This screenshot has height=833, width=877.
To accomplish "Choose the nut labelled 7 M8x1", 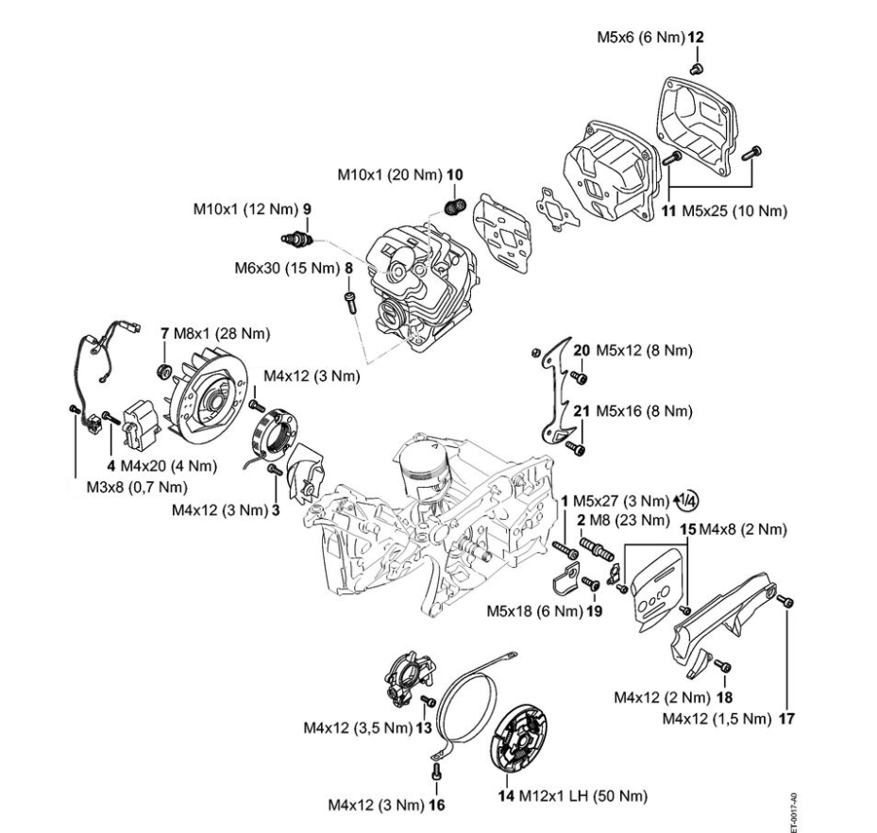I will [162, 366].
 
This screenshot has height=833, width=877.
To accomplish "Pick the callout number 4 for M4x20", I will [111, 466].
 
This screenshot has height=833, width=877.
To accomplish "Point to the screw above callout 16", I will [435, 769].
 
